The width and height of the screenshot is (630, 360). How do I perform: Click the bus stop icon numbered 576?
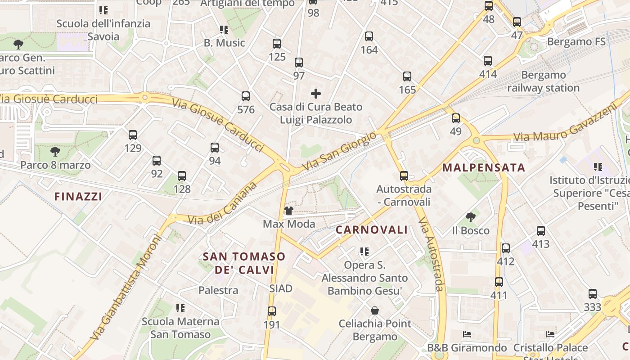click(x=245, y=96)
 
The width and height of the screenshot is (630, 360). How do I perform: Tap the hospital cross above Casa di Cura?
click(x=316, y=94)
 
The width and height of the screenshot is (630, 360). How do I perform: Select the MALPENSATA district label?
click(x=484, y=168)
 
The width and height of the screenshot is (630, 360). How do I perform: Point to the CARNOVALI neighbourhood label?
click(x=372, y=230)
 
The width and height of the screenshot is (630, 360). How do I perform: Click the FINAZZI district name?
click(x=78, y=196)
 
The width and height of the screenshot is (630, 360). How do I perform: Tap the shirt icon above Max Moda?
click(x=288, y=211)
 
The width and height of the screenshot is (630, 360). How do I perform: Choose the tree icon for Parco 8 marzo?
click(x=55, y=152)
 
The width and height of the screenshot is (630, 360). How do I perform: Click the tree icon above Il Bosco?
click(x=470, y=217)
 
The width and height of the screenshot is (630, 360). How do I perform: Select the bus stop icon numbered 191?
click(x=271, y=311)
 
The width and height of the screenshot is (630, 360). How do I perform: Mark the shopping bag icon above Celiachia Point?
click(x=374, y=310)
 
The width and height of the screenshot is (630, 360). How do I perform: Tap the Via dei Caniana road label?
click(x=223, y=204)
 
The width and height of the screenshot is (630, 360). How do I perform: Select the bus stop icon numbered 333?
click(x=593, y=294)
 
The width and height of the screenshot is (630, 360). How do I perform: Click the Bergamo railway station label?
click(x=543, y=81)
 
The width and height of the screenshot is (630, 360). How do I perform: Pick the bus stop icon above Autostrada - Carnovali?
click(x=404, y=175)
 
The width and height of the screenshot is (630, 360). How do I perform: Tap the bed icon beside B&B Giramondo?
click(x=467, y=334)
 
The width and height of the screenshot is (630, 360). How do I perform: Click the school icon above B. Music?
click(x=224, y=30)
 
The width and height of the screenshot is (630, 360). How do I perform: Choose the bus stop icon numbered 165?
click(x=407, y=76)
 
